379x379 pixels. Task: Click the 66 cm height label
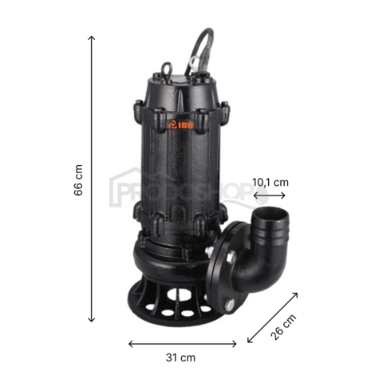(78, 184)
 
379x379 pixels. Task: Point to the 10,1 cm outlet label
(270, 183)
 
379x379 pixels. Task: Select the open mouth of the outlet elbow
(266, 218)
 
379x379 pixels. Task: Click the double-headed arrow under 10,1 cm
(268, 196)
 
